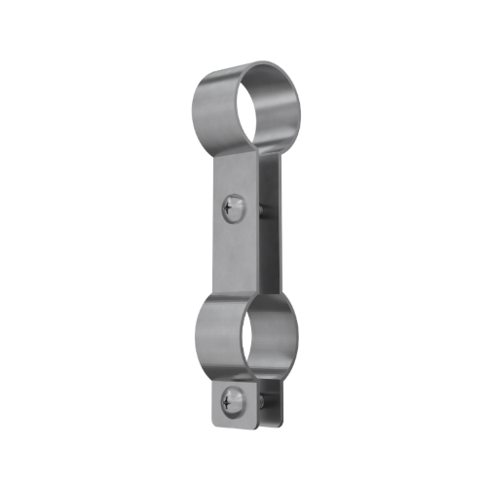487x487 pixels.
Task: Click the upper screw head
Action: point(232,206)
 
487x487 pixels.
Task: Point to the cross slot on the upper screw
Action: point(232,206)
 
